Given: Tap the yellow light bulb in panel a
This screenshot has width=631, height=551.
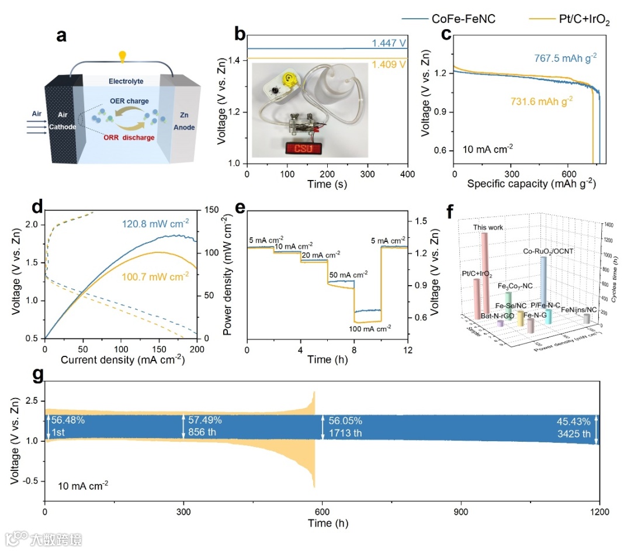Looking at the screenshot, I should pos(123,57).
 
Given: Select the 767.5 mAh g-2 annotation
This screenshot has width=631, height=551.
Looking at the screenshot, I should pos(565,58).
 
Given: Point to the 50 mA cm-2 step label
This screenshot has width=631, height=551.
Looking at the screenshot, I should pos(348,273).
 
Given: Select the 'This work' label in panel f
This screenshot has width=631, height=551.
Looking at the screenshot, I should pos(488,227).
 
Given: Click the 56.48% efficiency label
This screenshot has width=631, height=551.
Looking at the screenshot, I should pos(69,421).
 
